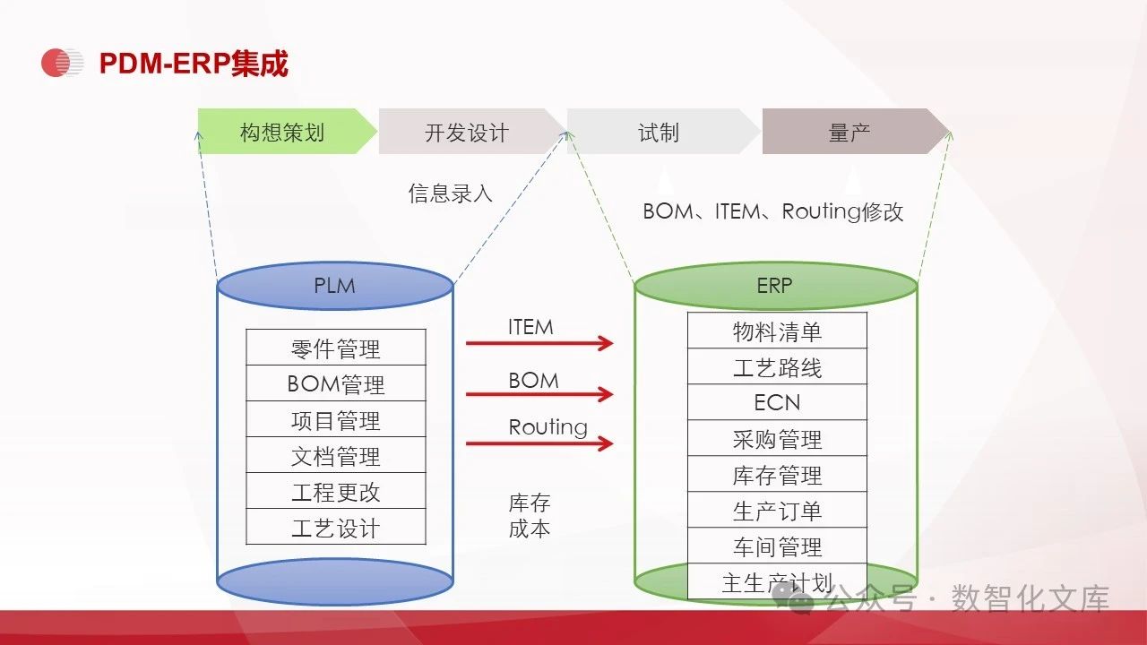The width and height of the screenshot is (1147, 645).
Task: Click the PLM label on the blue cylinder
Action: point(334,286)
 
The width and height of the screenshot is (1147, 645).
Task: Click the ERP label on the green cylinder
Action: point(775,286)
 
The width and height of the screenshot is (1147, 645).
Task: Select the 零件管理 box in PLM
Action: point(336,348)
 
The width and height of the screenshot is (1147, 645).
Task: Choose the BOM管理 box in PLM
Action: point(336,383)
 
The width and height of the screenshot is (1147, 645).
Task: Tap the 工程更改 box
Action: point(336,491)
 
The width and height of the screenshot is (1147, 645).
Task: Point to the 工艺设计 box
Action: point(336,527)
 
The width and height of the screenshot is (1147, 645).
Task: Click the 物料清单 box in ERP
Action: point(777,331)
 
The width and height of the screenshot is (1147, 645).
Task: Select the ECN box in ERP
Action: point(777,402)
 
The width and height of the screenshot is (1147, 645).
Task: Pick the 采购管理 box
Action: point(777,438)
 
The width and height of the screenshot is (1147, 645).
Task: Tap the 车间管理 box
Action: point(777,546)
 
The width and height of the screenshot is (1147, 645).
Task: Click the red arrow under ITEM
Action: point(539,342)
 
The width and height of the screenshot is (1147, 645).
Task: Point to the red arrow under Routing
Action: point(539,443)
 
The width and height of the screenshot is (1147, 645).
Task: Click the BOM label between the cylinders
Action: point(533,380)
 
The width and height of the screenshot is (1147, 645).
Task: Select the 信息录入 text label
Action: point(451,193)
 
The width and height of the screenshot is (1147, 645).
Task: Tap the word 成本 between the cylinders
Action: point(530,528)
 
